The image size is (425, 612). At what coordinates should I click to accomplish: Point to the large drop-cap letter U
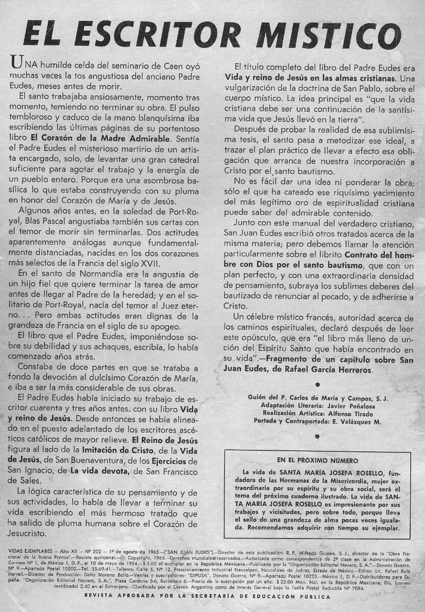[16, 62]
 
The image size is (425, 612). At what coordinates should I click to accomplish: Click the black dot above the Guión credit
[317, 385]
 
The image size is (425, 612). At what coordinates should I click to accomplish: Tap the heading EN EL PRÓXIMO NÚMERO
[317, 461]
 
